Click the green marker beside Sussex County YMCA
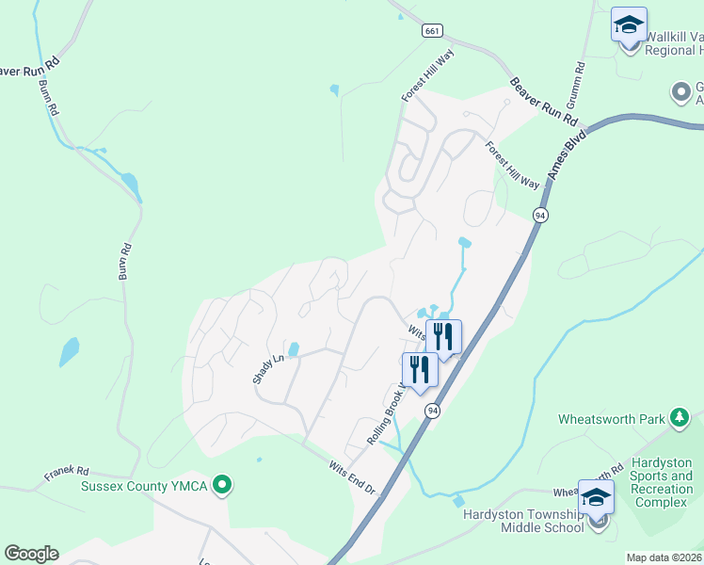coord(222,486)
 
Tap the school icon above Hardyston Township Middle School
coord(597,497)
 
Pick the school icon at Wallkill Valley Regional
coord(629,24)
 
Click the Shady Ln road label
coord(267,368)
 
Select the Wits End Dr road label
coord(352,478)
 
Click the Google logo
coord(31,554)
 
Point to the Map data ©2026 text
coord(664,557)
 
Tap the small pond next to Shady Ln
coord(293,350)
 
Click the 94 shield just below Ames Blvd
coord(540,215)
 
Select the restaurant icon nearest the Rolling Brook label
coord(420,370)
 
